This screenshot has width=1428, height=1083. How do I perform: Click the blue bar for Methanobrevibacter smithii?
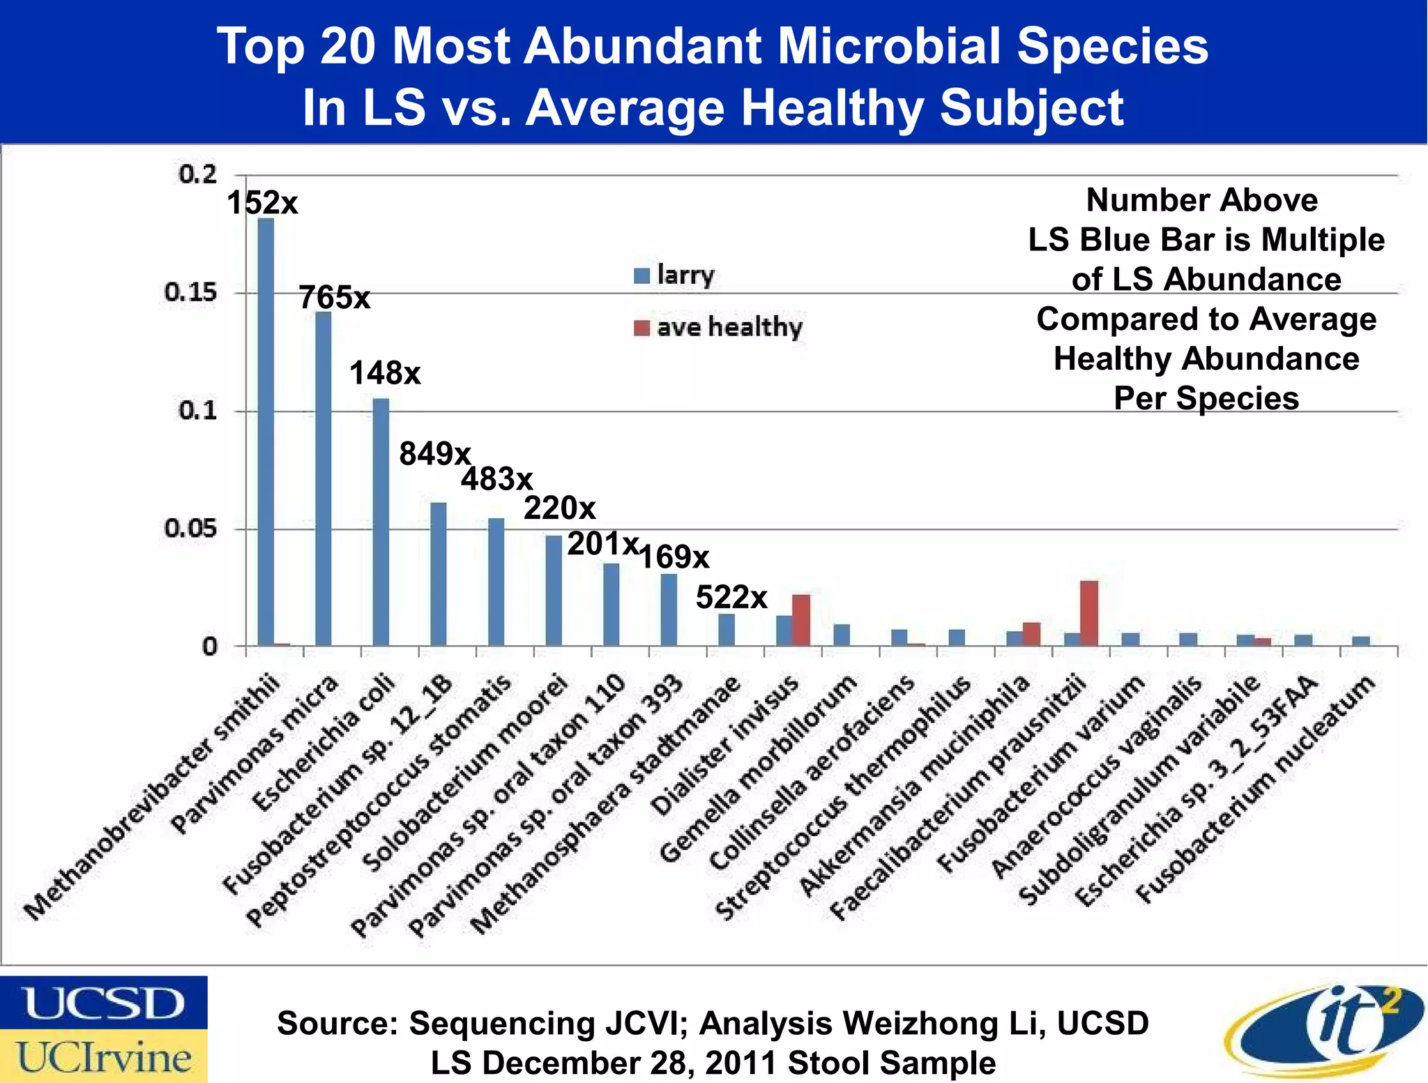point(266,432)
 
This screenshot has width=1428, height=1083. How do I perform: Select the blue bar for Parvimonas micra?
point(324,478)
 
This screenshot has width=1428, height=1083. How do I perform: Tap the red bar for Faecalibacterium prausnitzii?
point(1089,613)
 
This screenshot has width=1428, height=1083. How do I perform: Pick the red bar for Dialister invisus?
point(801,620)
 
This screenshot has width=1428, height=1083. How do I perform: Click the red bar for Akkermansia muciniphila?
point(1031,634)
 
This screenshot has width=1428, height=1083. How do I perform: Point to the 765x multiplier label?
point(335,298)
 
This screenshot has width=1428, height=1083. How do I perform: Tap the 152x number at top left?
point(262,204)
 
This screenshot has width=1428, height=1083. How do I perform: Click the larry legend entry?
point(675,275)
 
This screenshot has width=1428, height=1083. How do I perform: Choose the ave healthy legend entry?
point(719,327)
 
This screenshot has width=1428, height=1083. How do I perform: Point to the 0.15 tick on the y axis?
point(190,293)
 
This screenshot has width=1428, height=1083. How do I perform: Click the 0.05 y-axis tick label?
point(190,529)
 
